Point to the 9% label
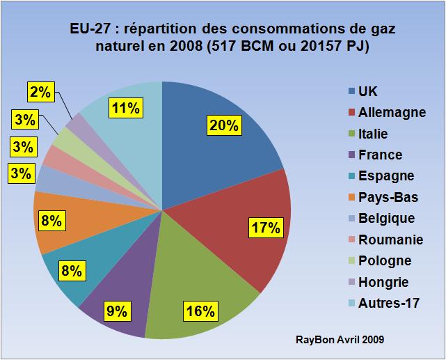click(117, 311)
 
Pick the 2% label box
click(38, 91)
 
